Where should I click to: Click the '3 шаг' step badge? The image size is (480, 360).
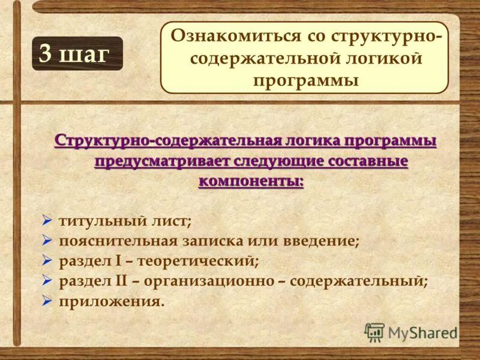(77, 53)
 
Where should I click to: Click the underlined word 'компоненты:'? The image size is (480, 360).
(251, 181)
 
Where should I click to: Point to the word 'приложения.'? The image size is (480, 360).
(111, 301)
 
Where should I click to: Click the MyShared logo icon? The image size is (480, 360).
(374, 332)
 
